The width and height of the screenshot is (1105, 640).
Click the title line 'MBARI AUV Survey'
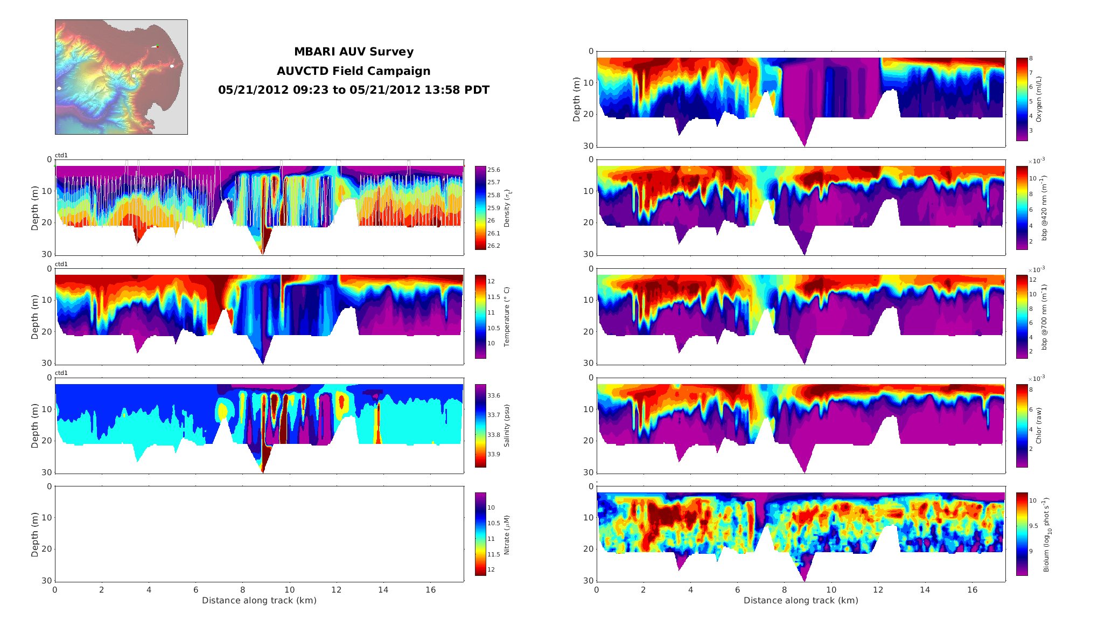(353, 52)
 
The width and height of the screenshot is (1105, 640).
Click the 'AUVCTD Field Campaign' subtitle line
(353, 71)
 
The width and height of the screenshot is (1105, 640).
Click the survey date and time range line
(353, 90)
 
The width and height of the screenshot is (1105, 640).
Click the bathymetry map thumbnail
(121, 77)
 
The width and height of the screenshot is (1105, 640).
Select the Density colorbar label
(507, 208)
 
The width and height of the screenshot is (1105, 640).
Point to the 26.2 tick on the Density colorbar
(493, 246)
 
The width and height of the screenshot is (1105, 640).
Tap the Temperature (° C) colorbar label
(507, 317)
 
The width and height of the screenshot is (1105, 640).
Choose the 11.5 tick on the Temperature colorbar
(493, 297)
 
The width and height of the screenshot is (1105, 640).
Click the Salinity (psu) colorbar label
(507, 426)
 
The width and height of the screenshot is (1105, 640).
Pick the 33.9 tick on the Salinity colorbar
(493, 454)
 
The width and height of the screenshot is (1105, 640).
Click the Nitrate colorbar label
(507, 534)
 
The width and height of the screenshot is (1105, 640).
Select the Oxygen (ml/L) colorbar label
(1039, 99)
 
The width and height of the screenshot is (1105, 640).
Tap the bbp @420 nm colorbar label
(1044, 208)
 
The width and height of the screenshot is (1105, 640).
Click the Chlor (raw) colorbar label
(1039, 426)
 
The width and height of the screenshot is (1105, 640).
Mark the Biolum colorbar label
(1046, 534)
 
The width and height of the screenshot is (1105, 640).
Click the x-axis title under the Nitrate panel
(259, 601)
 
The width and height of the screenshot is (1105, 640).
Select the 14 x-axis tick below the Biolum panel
(925, 590)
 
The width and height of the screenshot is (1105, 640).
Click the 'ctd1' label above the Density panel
(61, 156)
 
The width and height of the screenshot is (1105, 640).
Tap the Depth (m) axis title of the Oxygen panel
(577, 99)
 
